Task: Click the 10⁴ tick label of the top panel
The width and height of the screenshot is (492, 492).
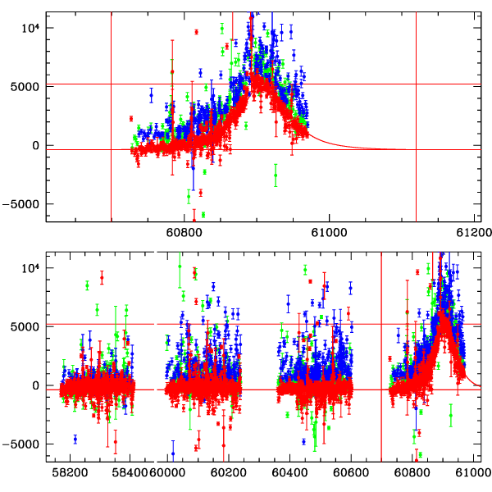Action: click(30, 27)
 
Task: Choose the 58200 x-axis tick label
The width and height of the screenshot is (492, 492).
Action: click(71, 473)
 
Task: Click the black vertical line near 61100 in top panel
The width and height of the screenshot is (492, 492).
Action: click(417, 115)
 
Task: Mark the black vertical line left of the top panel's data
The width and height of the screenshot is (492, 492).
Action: click(111, 115)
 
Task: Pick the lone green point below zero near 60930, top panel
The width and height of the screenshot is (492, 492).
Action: click(276, 175)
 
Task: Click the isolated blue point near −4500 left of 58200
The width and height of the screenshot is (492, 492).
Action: click(75, 439)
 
